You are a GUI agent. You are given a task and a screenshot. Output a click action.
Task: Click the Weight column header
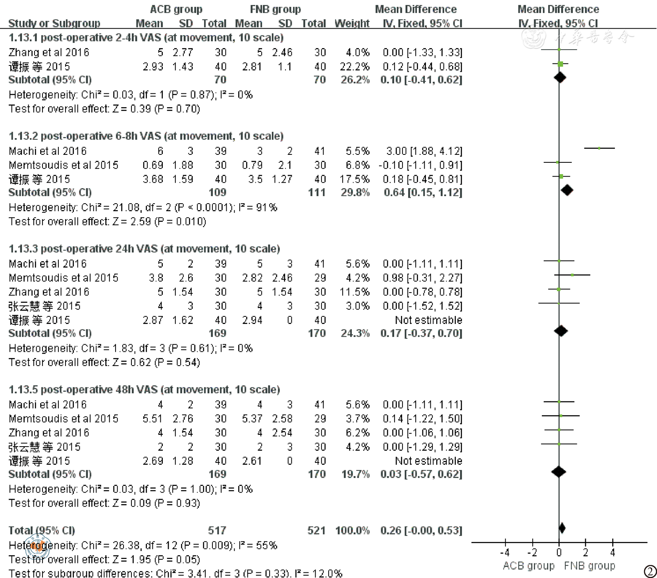(352, 23)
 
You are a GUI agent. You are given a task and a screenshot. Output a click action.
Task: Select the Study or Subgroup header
(54, 23)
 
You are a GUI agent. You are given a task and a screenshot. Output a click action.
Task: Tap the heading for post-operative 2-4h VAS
(146, 38)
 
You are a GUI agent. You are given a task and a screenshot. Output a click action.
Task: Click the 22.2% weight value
(355, 66)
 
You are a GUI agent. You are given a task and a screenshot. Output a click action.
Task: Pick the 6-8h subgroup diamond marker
(567, 190)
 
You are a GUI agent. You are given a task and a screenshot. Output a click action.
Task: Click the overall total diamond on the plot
(562, 528)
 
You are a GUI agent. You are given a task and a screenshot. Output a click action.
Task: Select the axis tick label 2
(586, 552)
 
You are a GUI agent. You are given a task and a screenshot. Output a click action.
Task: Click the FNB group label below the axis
(589, 566)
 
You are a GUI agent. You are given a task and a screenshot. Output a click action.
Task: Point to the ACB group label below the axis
(528, 566)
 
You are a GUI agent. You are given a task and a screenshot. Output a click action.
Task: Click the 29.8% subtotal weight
(355, 193)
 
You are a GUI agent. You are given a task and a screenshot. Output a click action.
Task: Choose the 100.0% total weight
(352, 530)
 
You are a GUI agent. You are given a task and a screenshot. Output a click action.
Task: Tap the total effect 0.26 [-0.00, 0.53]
(421, 530)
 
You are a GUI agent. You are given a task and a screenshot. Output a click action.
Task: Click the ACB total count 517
(217, 530)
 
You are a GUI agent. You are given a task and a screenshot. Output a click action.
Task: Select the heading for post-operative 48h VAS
(144, 389)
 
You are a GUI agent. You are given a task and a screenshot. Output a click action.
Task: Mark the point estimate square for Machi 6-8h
(599, 148)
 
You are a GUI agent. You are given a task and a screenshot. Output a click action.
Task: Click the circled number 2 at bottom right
(650, 572)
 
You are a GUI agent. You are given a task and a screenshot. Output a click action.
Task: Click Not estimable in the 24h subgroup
(428, 320)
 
